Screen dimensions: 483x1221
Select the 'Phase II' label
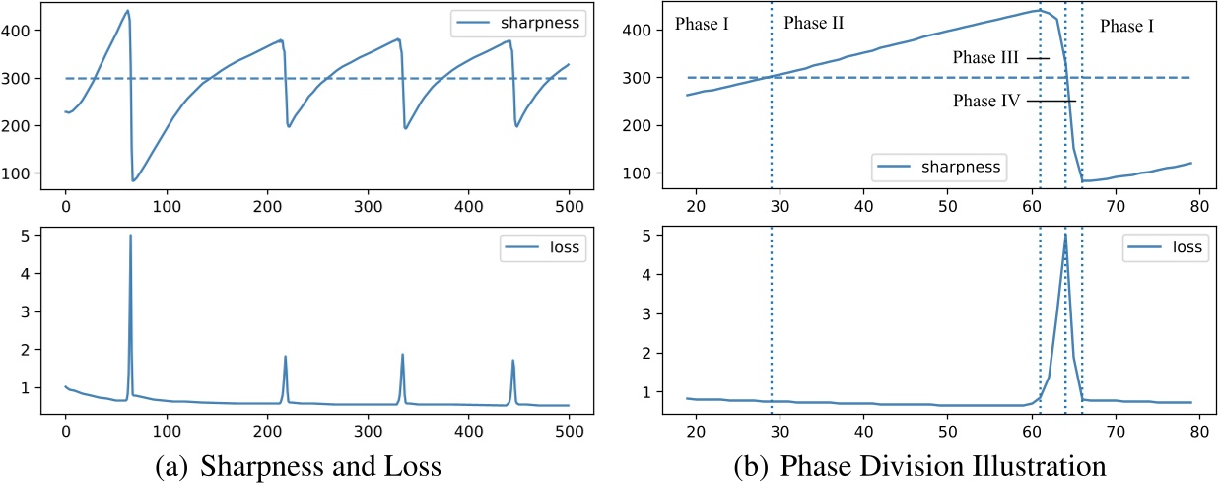[813, 23]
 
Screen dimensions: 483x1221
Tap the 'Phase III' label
[986, 58]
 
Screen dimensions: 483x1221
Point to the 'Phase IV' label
[984, 101]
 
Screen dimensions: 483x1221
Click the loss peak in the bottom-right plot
[1065, 235]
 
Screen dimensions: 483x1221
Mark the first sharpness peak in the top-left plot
[127, 11]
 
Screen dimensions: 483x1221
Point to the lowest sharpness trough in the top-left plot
[133, 180]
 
